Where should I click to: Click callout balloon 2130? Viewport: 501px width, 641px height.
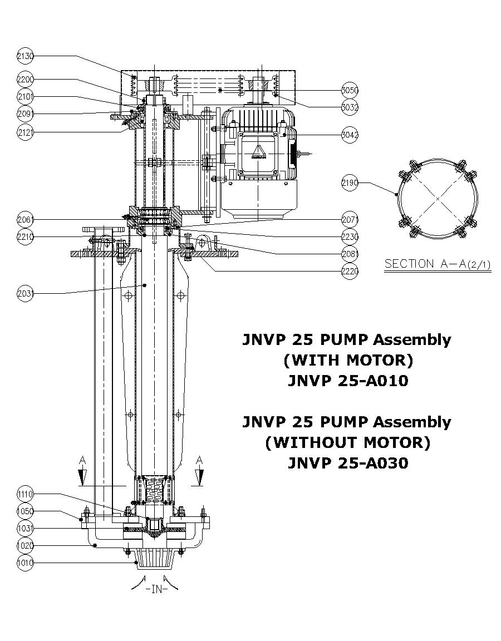click(25, 56)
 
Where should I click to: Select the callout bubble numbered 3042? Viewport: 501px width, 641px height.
click(350, 135)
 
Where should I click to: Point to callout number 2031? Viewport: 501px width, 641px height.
click(25, 293)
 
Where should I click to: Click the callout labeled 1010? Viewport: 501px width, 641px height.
click(25, 563)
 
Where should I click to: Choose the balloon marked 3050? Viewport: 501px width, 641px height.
click(350, 90)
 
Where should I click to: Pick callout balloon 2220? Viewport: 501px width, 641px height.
click(350, 272)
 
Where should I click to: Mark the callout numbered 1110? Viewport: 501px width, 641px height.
click(25, 494)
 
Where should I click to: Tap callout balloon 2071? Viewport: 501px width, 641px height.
click(350, 219)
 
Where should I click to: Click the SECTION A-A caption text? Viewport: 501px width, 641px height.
click(438, 264)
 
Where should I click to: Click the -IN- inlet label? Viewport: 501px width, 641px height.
click(156, 589)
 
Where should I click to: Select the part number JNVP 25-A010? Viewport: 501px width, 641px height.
click(347, 381)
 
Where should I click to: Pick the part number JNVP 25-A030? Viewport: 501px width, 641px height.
click(347, 463)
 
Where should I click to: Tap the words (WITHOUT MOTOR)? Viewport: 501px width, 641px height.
click(347, 442)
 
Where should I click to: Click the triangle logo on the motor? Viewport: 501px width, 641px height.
click(258, 152)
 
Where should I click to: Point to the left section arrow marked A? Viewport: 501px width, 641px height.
click(82, 472)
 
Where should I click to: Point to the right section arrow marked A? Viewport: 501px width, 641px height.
click(199, 472)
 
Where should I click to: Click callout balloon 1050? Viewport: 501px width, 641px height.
click(25, 511)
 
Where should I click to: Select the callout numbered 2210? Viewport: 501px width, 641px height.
click(25, 237)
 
